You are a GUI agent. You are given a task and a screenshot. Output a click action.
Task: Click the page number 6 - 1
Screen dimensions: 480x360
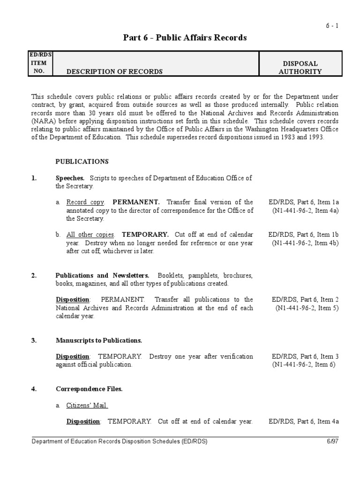tap(332, 26)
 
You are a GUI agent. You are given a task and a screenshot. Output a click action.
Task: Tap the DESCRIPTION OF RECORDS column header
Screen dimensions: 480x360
tap(114, 72)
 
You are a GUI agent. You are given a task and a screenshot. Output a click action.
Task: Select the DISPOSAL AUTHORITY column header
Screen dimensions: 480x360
tap(300, 67)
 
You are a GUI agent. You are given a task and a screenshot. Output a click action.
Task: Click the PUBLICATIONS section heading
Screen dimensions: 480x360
tap(82, 162)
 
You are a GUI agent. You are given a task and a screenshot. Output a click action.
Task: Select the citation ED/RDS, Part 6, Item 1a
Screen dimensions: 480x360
tap(304, 202)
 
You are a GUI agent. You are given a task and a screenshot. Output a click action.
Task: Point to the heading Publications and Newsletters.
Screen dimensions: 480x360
tap(103, 276)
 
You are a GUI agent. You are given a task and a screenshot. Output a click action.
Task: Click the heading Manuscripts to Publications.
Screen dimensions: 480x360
tap(99, 340)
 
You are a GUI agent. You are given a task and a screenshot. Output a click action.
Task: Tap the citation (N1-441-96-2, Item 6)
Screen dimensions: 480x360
tap(304, 364)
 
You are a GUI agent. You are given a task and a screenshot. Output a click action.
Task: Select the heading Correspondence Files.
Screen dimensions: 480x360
tap(89, 389)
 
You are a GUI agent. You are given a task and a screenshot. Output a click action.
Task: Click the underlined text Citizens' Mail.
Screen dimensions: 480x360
tap(87, 405)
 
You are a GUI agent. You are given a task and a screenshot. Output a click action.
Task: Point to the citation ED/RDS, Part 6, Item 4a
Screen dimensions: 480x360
tap(304, 421)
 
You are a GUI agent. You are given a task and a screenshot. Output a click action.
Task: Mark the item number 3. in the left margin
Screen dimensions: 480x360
tap(34, 340)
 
